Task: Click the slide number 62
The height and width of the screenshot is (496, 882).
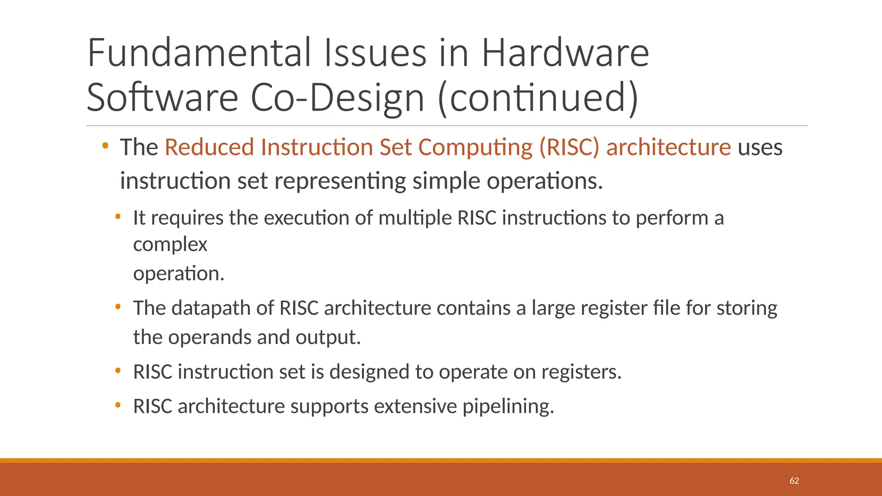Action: point(794,481)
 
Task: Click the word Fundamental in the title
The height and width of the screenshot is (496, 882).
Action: point(199,53)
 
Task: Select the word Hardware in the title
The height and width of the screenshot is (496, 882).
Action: point(565,53)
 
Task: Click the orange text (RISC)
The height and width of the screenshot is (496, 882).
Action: point(569,147)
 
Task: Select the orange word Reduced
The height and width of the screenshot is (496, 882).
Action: point(209,147)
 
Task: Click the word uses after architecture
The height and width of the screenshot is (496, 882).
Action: point(760,147)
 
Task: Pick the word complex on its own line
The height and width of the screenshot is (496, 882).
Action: point(170,245)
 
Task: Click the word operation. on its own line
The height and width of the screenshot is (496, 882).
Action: point(179,274)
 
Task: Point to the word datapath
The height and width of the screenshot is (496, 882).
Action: point(211,308)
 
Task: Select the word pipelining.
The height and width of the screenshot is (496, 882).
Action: point(508,406)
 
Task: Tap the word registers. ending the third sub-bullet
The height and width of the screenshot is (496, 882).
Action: point(581,372)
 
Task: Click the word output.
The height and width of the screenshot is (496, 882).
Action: point(328,337)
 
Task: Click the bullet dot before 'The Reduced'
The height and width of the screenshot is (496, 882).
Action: point(105,146)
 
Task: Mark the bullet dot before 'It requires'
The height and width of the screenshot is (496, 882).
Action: point(118,217)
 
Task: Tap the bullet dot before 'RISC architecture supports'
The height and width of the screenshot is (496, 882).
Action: point(118,405)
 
